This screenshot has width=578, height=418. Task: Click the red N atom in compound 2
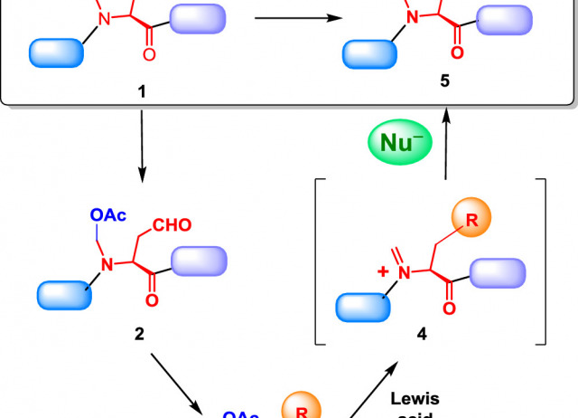pos(106,263)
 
